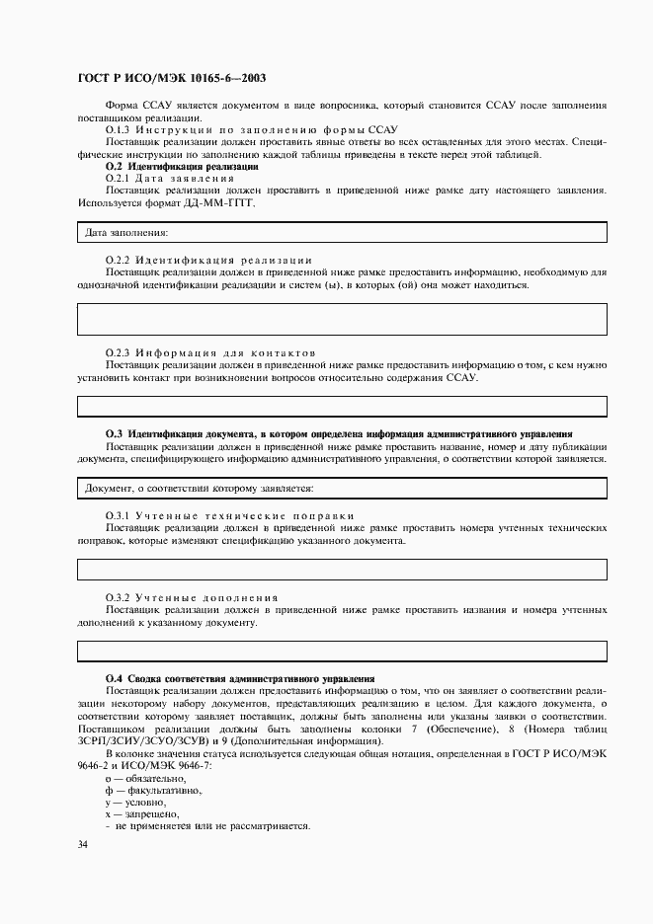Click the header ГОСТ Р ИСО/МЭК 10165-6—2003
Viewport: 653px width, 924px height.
tap(170, 77)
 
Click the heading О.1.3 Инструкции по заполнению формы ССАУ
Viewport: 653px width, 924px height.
tap(251, 129)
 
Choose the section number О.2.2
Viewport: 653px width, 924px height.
tap(118, 259)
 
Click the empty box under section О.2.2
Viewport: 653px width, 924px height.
tap(342, 320)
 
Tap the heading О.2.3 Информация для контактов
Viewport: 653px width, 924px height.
tap(210, 352)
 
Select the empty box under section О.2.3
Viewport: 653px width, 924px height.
tap(342, 406)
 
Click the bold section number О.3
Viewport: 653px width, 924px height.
tap(113, 433)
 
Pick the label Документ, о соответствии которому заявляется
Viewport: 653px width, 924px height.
tap(199, 488)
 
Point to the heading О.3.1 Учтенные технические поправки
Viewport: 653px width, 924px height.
tap(229, 515)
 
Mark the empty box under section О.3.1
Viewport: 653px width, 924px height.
tap(342, 569)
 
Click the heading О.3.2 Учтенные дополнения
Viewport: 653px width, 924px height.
tap(192, 598)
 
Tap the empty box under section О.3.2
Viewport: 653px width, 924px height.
tap(342, 650)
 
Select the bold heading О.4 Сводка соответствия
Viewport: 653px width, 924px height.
tap(240, 678)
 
